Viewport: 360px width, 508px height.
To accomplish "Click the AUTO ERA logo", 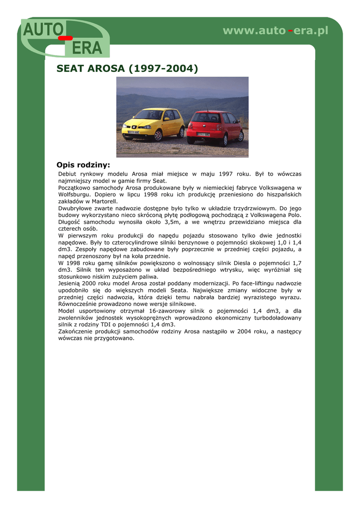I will (x=65, y=38).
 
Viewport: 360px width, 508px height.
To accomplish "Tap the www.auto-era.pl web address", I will (x=276, y=31).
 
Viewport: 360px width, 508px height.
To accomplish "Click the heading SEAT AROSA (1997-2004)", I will (x=127, y=68).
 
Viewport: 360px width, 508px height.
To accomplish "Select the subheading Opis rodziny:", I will (x=83, y=165).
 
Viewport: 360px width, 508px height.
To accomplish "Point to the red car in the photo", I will (x=215, y=126).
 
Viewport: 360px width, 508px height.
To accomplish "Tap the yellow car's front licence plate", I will (x=134, y=132).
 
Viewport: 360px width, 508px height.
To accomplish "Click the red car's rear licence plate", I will (x=204, y=134).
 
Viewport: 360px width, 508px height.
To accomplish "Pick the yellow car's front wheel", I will (x=158, y=135).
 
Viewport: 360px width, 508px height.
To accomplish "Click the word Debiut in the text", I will (x=67, y=174).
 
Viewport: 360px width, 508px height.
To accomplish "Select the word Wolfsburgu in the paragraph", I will (x=74, y=195).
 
